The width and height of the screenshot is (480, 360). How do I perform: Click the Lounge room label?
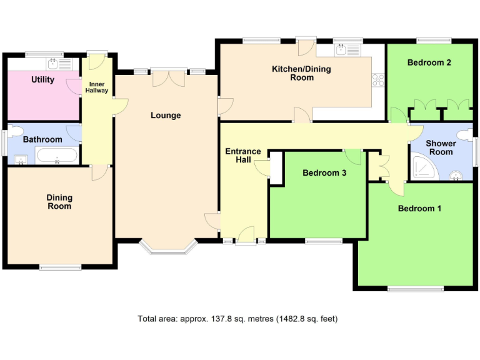(166, 116)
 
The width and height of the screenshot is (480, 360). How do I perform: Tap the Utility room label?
(43, 80)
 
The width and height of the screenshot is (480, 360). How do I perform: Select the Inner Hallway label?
(97, 87)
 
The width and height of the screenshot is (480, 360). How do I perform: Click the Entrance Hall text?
(243, 156)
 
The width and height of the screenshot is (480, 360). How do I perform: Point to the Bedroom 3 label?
(324, 173)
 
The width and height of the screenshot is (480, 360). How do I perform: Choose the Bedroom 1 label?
(419, 209)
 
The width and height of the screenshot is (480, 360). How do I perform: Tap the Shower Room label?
(441, 147)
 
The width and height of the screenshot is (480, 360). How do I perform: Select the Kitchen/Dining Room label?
(292, 73)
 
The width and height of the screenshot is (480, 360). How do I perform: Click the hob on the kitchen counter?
(378, 79)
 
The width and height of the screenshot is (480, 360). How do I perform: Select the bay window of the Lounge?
(167, 249)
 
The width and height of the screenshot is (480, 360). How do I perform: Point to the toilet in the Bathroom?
(15, 131)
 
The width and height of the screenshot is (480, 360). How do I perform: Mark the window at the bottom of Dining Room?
(61, 267)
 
